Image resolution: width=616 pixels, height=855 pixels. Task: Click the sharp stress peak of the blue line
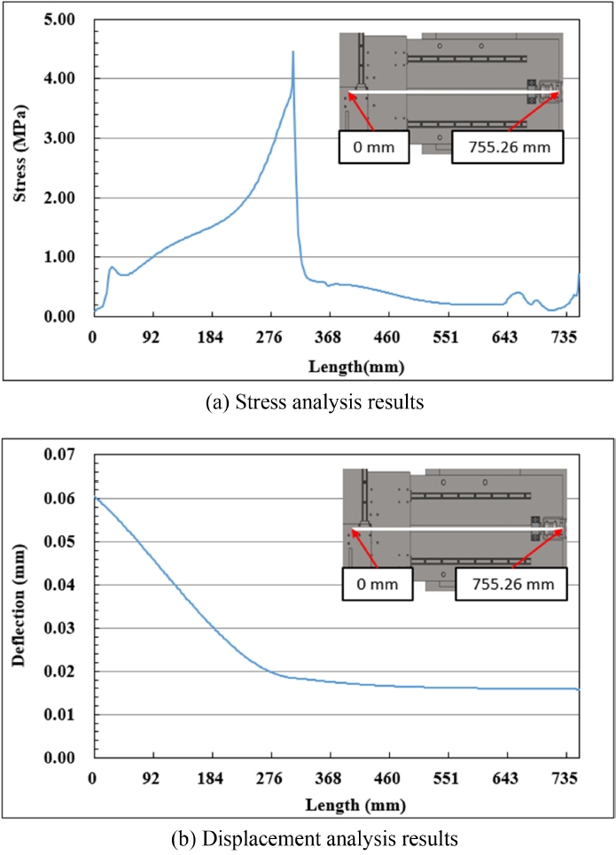click(x=292, y=52)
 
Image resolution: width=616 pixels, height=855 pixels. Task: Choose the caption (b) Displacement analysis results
click(x=308, y=836)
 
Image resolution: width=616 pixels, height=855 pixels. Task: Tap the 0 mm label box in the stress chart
click(x=373, y=147)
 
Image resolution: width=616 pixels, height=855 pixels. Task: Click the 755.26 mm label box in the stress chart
click(x=506, y=147)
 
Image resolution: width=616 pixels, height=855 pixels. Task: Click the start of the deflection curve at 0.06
click(x=95, y=499)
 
